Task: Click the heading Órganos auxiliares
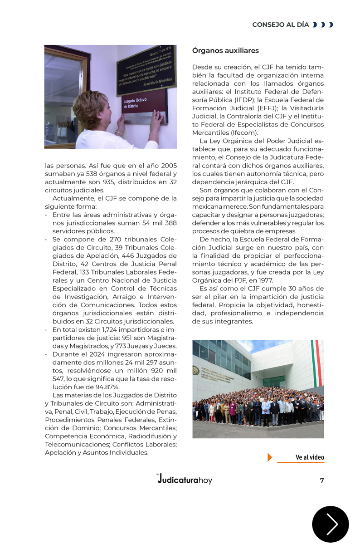225,50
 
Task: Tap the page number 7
322,480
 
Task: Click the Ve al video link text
310,457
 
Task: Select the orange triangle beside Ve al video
270,457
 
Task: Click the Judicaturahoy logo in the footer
184,479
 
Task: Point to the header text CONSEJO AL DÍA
280,25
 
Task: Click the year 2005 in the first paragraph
168,166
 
